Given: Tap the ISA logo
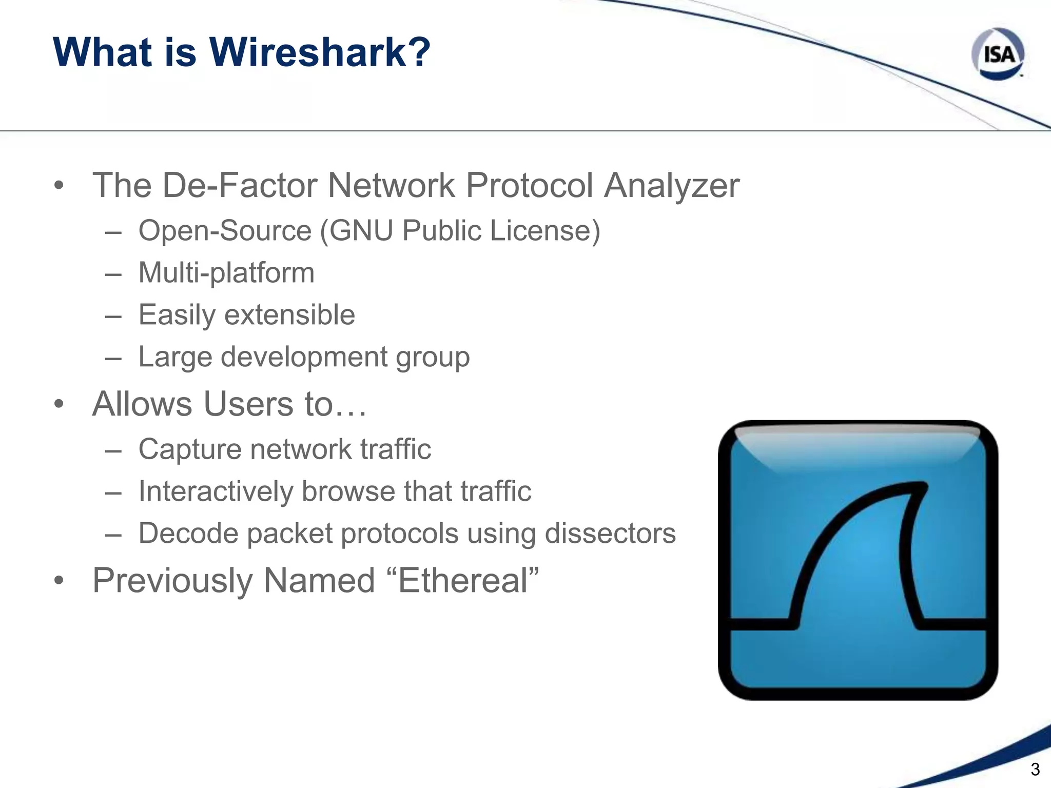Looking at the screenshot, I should tap(998, 54).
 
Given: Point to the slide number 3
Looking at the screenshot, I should tap(1035, 770).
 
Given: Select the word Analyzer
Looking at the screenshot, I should tap(672, 186).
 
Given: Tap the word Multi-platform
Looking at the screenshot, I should tap(226, 273).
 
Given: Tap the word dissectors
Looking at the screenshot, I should tap(610, 534).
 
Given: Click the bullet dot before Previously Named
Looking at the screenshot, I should tap(59, 581).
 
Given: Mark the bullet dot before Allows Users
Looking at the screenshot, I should tap(59, 404).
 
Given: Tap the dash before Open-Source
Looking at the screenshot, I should tap(113, 232).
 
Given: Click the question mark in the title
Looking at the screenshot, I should tap(416, 52).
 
